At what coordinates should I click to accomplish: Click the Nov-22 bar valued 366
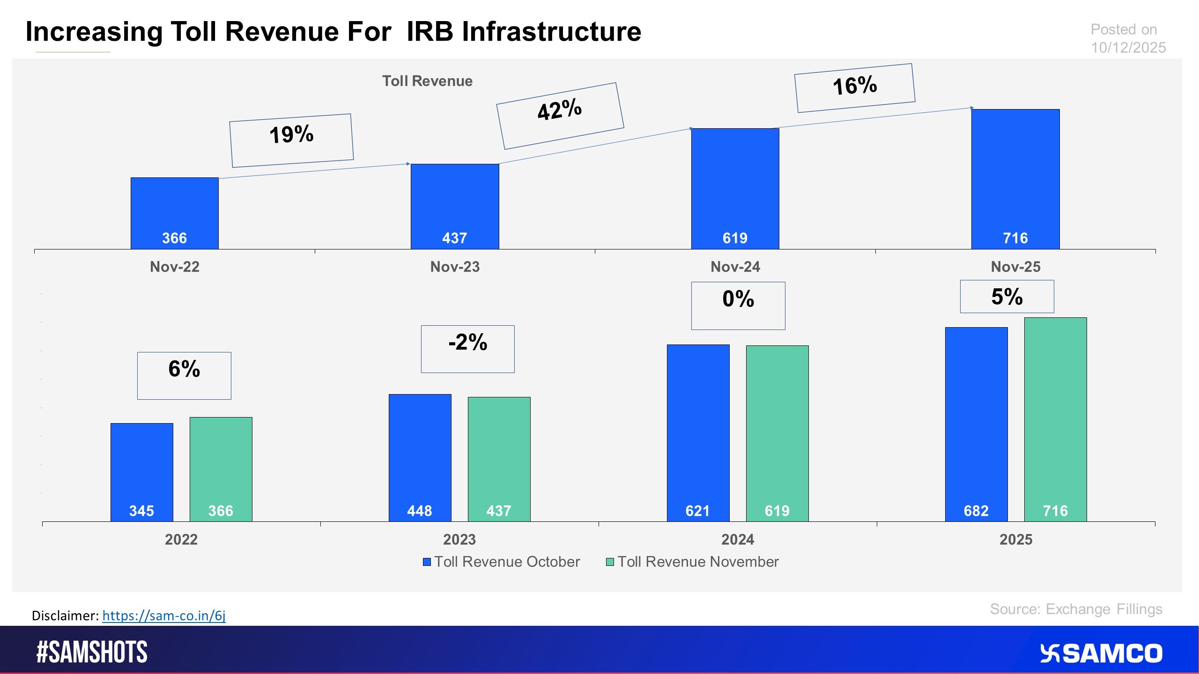(174, 213)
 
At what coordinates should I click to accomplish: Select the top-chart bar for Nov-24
(735, 188)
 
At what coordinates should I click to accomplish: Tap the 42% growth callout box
(560, 116)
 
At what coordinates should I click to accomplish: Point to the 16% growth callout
(854, 88)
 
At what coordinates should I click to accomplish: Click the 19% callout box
(291, 140)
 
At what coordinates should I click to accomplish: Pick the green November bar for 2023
(499, 459)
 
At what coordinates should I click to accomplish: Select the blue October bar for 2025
(976, 424)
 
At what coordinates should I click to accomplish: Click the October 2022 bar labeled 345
(141, 472)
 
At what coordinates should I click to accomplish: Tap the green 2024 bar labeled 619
(777, 433)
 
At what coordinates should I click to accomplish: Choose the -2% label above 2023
(467, 349)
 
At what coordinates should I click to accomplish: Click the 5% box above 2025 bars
(1007, 296)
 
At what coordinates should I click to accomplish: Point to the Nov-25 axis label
(1015, 267)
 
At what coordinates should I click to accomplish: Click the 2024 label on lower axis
(737, 539)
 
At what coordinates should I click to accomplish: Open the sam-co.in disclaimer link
(163, 615)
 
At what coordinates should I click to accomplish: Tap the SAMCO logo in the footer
(1101, 653)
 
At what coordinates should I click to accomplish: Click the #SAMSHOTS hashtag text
(92, 652)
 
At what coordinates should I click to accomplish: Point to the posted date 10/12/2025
(1128, 47)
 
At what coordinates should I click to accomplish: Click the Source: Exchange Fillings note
(1076, 609)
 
